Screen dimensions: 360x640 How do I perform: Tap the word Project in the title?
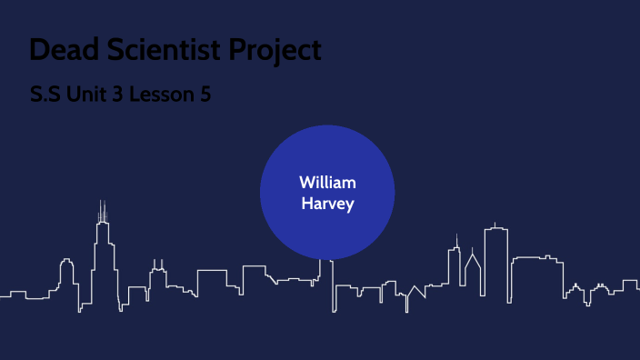coord(275,51)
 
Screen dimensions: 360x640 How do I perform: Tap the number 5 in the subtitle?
coord(205,94)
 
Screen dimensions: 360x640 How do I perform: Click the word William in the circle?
coord(327,183)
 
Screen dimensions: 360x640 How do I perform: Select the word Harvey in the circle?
coord(327,203)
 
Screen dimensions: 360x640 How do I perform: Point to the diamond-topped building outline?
coord(472,273)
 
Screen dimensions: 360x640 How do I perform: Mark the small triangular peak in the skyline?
coord(415,293)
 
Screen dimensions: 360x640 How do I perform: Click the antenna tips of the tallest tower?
coord(103,205)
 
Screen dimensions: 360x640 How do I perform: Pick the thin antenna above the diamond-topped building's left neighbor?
coord(457,239)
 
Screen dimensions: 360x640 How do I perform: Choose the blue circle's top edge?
coord(327,126)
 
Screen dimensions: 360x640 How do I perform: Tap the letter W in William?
coord(306,183)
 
